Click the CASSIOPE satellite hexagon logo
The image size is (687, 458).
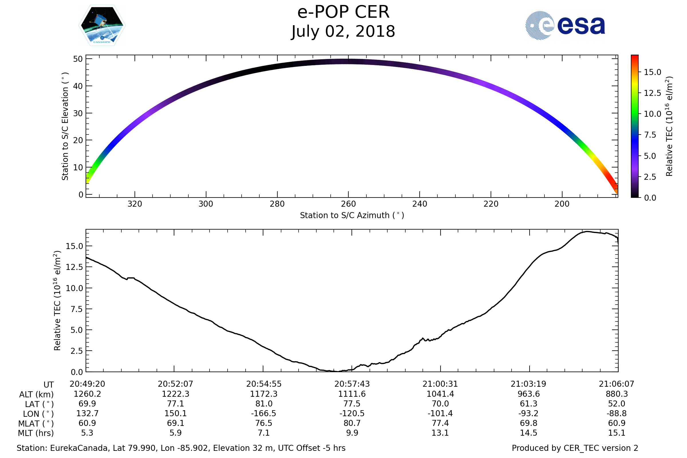tap(102, 25)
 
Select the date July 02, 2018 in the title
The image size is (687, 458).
tap(343, 31)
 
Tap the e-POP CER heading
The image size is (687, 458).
tap(343, 12)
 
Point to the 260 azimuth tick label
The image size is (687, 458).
tap(348, 204)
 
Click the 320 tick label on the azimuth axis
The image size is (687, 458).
tap(135, 204)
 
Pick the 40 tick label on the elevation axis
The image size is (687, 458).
tap(78, 86)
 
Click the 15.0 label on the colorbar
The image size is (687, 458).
tap(652, 72)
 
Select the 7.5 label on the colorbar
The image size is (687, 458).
tap(650, 135)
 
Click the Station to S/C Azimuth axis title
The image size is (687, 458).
tap(352, 216)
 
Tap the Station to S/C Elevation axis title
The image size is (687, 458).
tap(65, 126)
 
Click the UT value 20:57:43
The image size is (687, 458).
tap(352, 384)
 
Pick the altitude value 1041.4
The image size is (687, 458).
tap(440, 394)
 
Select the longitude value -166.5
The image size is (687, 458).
tap(263, 414)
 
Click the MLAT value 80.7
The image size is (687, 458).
tap(352, 423)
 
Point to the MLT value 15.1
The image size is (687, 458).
tap(617, 433)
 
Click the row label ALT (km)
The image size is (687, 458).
tap(37, 395)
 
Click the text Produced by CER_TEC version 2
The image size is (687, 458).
tap(575, 448)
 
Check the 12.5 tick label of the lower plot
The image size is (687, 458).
tap(74, 267)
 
